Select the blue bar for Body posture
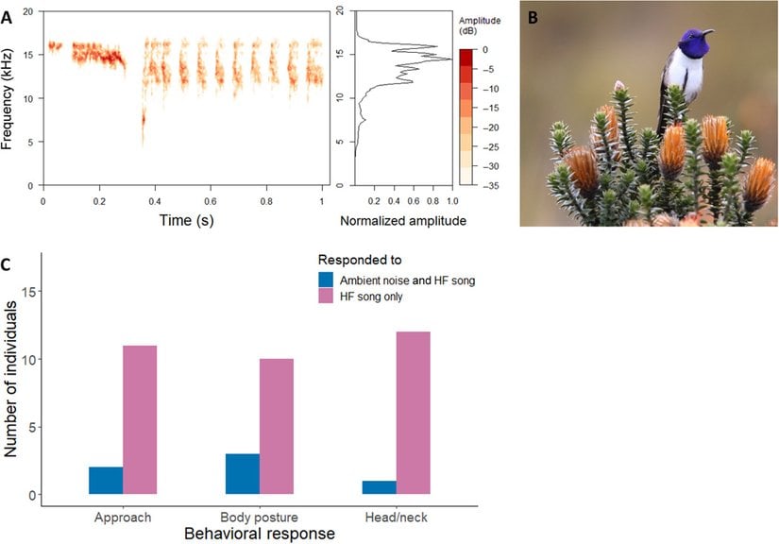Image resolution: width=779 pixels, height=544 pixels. point(243,474)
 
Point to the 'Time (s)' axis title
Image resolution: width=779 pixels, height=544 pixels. point(184,220)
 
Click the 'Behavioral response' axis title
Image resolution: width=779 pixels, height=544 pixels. point(260,534)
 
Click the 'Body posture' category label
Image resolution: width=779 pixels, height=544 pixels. point(260,518)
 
